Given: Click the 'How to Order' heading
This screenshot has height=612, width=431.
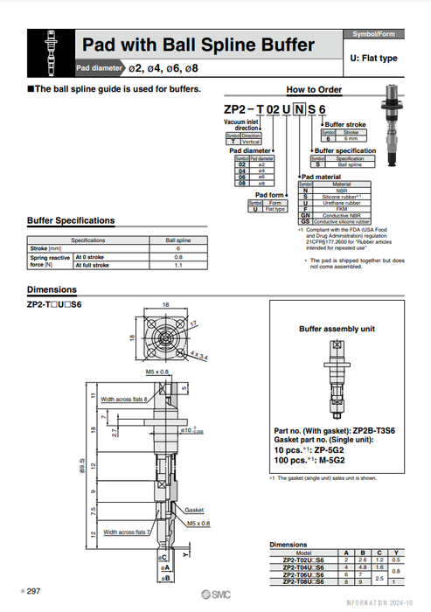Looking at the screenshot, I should pos(314,89).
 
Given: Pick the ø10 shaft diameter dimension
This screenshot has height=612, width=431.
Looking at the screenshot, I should pos(191,430).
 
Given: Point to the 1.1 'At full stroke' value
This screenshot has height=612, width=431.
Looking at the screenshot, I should pos(178,265).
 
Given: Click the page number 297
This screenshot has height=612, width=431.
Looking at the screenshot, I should pos(34,592).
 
